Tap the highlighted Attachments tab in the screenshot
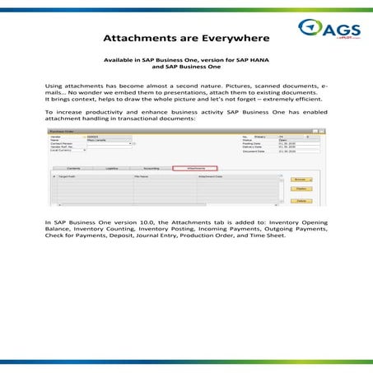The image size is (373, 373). pos(194,167)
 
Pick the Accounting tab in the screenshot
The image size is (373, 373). pos(151,167)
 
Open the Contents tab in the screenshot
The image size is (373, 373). pos(72,167)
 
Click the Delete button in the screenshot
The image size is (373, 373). pos(301,200)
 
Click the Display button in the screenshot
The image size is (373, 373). pos(301,188)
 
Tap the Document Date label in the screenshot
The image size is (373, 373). pos(256,152)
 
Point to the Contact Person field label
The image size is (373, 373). pos(64,143)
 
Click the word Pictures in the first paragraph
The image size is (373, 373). pos(250,86)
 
